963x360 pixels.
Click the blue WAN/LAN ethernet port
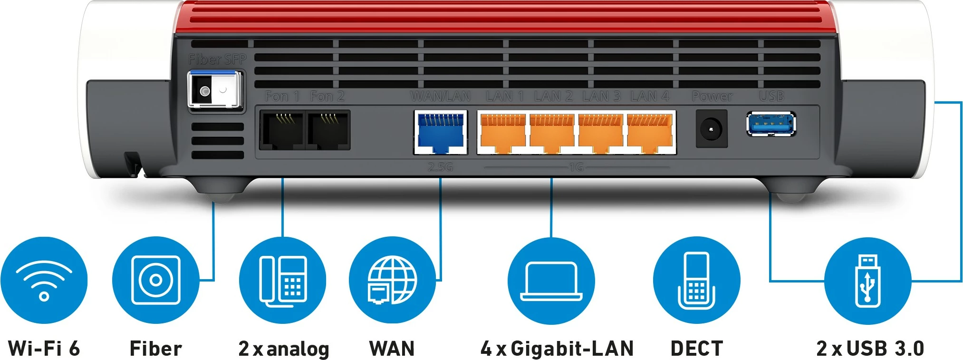[x=441, y=132]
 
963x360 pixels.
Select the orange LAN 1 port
[x=503, y=133]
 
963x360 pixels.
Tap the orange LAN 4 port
[x=649, y=133]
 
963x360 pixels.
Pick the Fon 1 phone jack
[x=282, y=130]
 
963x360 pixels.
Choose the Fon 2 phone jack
[x=328, y=130]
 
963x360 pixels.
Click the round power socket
[x=712, y=129]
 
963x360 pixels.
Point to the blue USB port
[x=771, y=125]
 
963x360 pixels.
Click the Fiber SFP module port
[x=215, y=90]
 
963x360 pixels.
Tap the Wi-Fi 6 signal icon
[x=44, y=281]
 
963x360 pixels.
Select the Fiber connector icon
[x=155, y=280]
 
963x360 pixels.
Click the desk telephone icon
[x=283, y=281]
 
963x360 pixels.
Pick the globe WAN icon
[x=392, y=281]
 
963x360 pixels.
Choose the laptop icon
[x=551, y=281]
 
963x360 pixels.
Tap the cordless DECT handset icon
[x=696, y=281]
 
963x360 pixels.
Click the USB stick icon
[x=867, y=281]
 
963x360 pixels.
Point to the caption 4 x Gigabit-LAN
[x=557, y=349]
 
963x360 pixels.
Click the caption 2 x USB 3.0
[x=870, y=349]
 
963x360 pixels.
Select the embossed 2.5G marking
[x=440, y=167]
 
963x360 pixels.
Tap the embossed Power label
[x=712, y=97]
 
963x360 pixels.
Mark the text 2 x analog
[x=284, y=349]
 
